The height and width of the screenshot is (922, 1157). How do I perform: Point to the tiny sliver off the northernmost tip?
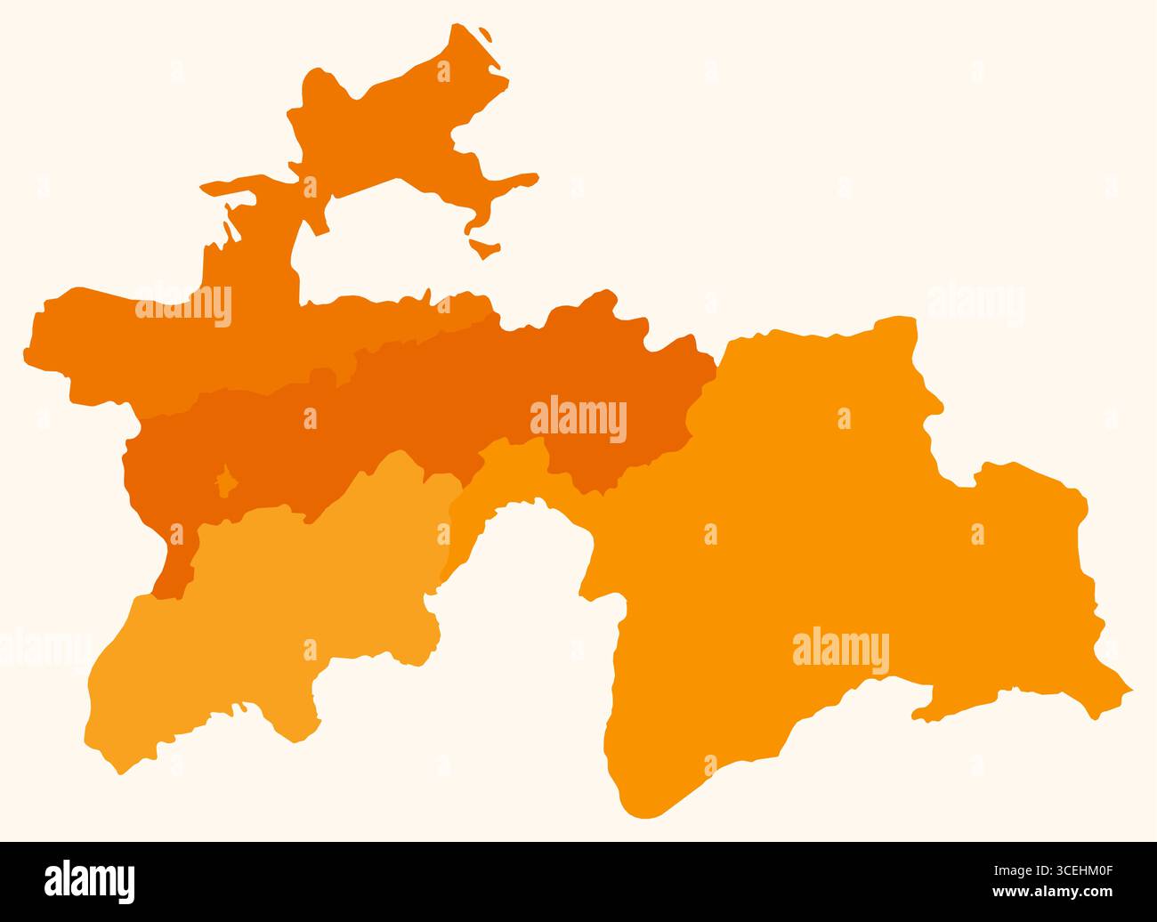click(488, 35)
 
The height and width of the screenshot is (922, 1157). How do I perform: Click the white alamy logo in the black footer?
click(90, 881)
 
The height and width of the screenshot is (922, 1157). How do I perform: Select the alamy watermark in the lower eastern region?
click(840, 651)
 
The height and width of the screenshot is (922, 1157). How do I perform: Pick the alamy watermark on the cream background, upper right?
click(975, 305)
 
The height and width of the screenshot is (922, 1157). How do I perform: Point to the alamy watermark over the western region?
click(183, 305)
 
